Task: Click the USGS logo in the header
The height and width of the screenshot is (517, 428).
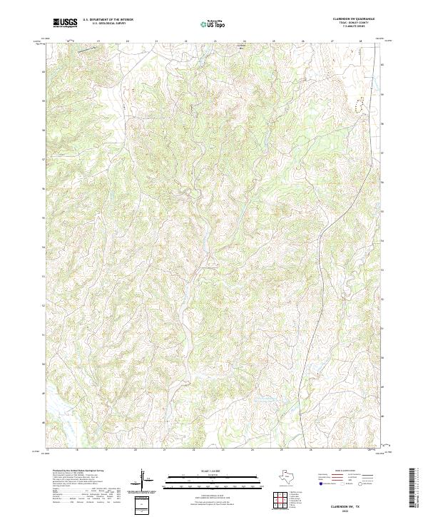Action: coord(65,23)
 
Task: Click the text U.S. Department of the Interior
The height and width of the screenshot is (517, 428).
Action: coord(108,20)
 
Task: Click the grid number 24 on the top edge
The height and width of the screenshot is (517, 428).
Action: coord(245,41)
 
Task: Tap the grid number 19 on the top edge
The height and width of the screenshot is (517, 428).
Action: coord(98,41)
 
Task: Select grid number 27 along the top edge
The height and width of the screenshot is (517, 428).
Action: coord(332,41)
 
